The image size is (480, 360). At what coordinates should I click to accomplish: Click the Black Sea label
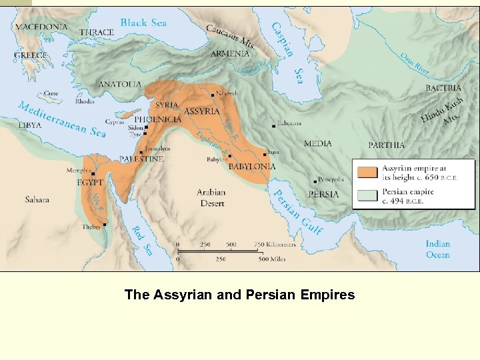(x=143, y=23)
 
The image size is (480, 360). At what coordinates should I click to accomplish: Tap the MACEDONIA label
(x=41, y=27)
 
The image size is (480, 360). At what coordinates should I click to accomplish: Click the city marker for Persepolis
(x=315, y=180)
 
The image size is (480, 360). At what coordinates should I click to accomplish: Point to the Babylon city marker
(x=229, y=156)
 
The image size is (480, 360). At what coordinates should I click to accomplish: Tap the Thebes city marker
(x=105, y=225)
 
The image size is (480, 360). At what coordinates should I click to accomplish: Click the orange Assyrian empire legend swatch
(x=367, y=172)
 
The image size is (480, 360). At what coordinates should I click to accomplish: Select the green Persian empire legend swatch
(x=367, y=195)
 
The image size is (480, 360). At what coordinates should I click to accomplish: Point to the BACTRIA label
(x=444, y=87)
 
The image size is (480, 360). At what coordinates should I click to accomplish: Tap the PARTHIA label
(x=387, y=145)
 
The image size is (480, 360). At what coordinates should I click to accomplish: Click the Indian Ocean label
(x=438, y=249)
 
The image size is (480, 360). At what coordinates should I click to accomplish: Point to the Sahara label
(x=37, y=199)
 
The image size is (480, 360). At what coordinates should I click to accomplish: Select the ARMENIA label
(x=230, y=53)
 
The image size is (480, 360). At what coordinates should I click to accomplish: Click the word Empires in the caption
(x=322, y=295)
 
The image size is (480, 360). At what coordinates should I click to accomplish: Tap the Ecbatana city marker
(x=273, y=125)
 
